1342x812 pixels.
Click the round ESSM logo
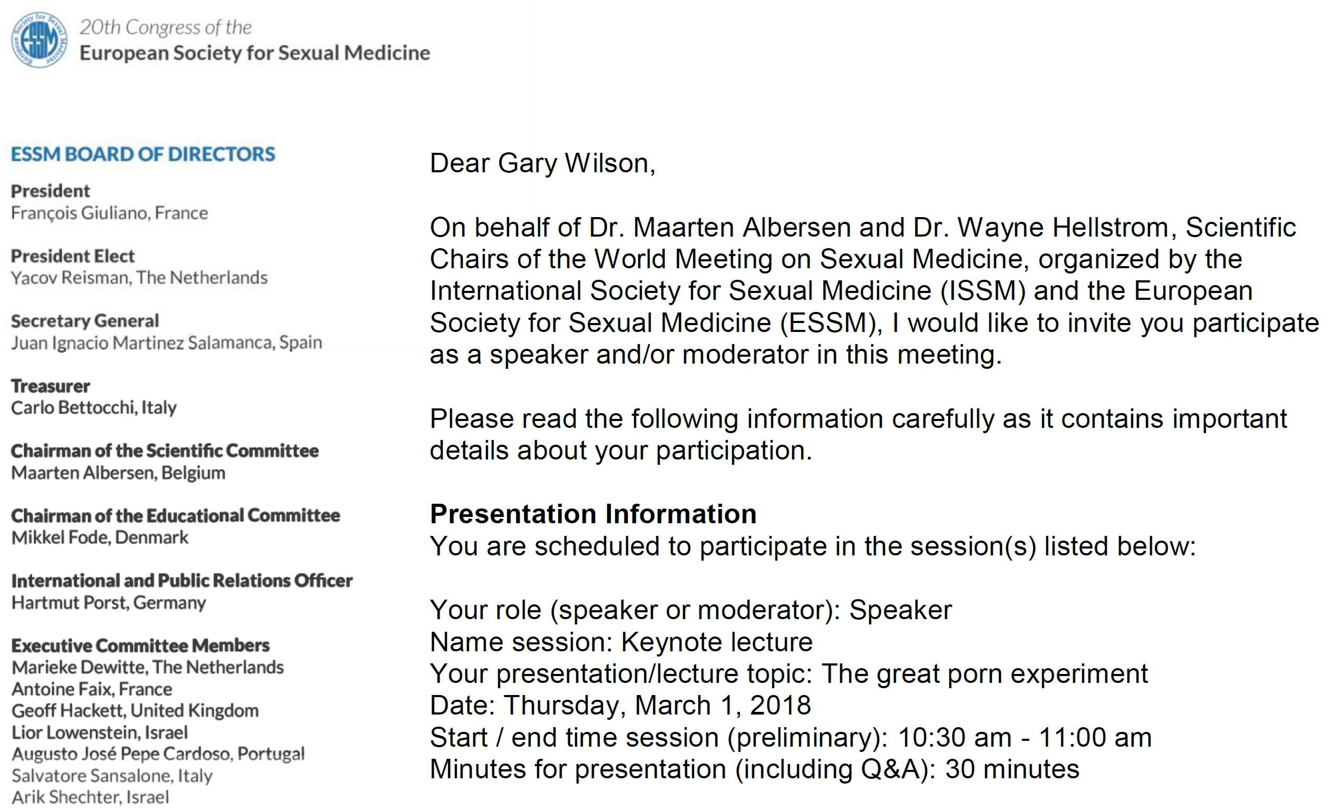click(40, 40)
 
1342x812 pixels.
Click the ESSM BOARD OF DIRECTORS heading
click(143, 154)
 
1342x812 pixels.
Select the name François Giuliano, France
click(110, 213)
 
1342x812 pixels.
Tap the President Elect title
click(72, 256)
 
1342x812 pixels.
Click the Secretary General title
click(85, 321)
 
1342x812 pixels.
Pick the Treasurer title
click(50, 386)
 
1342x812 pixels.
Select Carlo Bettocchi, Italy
click(94, 408)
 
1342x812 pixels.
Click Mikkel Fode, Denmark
click(100, 537)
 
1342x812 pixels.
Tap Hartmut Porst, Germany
click(109, 603)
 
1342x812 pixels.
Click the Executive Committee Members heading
click(141, 645)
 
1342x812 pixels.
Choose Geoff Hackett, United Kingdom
click(135, 711)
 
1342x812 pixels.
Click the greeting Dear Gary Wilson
click(542, 163)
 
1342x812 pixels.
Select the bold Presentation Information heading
click(593, 514)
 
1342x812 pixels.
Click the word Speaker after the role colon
click(900, 610)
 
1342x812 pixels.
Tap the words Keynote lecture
click(717, 642)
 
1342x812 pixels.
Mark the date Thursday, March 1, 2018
click(657, 706)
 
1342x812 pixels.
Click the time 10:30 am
click(955, 738)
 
